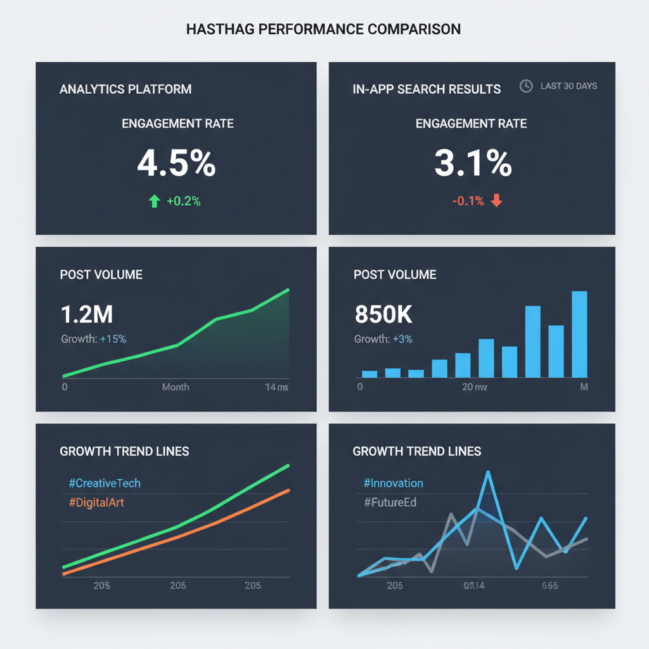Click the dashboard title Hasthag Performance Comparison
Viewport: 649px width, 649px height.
[324, 29]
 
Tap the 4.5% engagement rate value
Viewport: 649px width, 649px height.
[176, 164]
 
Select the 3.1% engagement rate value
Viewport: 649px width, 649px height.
[473, 164]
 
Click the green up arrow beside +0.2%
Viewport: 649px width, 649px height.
[154, 202]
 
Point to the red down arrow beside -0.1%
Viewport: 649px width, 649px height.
[496, 201]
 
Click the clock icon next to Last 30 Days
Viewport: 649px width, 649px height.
[526, 86]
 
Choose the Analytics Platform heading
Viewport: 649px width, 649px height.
[125, 89]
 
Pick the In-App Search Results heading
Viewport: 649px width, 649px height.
[427, 89]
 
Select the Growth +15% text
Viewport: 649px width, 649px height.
[94, 339]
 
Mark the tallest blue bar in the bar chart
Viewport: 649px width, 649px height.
[579, 334]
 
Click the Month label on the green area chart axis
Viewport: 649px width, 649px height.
[176, 387]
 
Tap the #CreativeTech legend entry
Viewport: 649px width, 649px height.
[105, 483]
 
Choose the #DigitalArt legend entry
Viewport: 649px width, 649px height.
[97, 503]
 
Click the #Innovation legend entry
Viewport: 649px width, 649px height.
[394, 483]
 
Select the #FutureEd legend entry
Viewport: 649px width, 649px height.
[390, 503]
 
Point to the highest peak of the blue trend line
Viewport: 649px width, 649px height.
[488, 472]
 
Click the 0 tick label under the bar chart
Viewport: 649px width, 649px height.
[360, 387]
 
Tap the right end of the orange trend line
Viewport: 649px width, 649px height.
[288, 490]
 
